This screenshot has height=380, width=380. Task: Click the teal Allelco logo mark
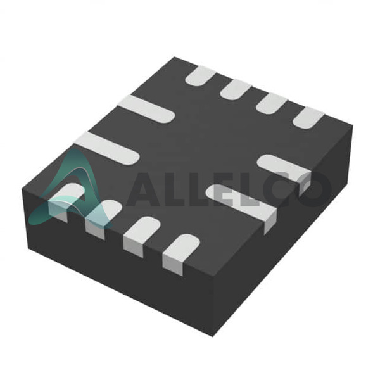pyautogui.click(x=70, y=191)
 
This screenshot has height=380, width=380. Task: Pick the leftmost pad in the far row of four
pyautogui.click(x=201, y=76)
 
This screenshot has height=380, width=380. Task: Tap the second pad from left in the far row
pyautogui.click(x=236, y=90)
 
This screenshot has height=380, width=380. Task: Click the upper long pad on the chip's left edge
pyautogui.click(x=146, y=109)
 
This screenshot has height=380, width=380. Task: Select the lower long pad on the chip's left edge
pyautogui.click(x=106, y=148)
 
